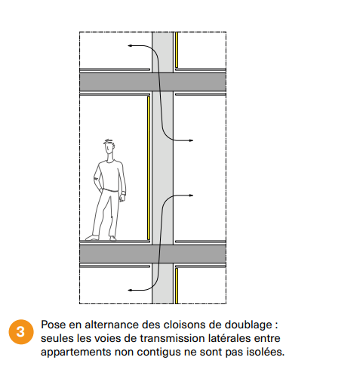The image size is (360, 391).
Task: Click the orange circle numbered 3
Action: click(21, 331)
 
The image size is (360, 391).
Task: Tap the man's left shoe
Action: click(92, 238)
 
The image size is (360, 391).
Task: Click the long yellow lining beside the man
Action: click(149, 168)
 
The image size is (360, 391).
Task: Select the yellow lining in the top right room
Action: click(177, 50)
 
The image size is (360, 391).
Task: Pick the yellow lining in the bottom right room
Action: click(177, 286)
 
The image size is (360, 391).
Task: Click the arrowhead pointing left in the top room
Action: click(130, 45)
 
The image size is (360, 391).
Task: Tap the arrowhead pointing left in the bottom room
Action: click(130, 290)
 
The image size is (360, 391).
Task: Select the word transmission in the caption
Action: click(172, 338)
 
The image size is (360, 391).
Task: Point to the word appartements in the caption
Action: click(76, 353)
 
